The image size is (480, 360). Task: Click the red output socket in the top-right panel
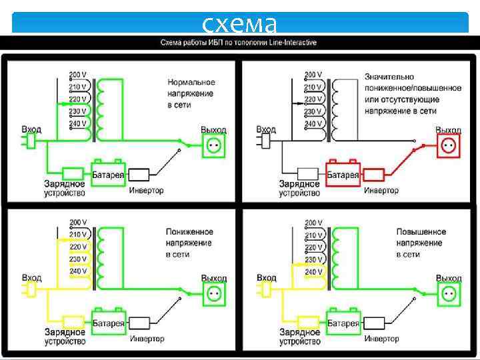pos(448,145)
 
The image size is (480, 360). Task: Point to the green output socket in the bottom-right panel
pos(449,292)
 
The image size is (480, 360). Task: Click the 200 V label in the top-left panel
pos(79,74)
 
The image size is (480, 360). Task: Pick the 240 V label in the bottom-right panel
pos(313,271)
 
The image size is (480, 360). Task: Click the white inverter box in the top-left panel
pos(141,175)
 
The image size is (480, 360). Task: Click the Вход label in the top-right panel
pos(266,129)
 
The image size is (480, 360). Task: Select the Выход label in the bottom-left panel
pos(214,278)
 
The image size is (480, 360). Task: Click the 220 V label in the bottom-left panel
pos(79,247)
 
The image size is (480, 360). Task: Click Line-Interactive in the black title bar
pos(289,43)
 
